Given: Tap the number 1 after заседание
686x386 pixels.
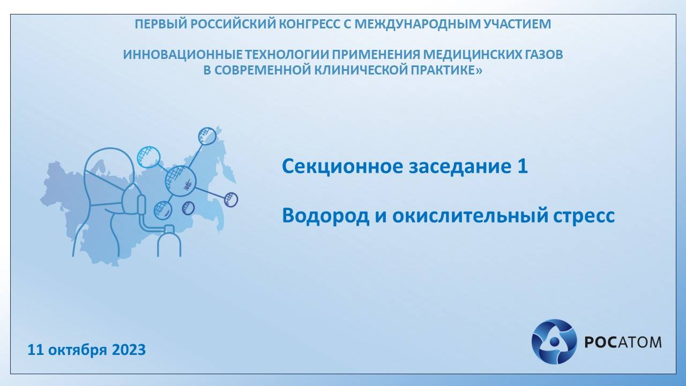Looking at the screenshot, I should click(523, 167).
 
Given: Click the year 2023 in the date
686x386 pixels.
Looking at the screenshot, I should click(129, 350).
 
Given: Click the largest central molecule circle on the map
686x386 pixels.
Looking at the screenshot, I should click(180, 181).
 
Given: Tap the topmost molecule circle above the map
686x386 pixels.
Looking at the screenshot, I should click(207, 136).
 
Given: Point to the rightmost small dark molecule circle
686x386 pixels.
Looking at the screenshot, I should click(230, 199).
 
